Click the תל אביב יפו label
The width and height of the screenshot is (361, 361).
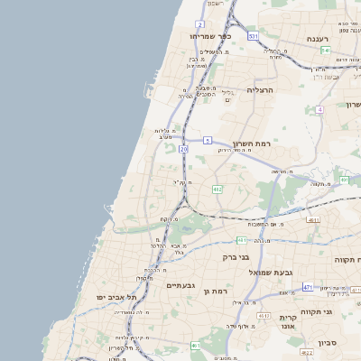click(x=118, y=297)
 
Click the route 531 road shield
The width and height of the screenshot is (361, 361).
click(x=254, y=36)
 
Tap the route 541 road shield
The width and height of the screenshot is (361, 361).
click(x=325, y=51)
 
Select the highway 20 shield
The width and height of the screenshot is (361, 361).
click(x=183, y=148)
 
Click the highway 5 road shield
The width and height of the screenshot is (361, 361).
click(x=207, y=140)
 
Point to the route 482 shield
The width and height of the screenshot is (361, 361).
click(x=217, y=190)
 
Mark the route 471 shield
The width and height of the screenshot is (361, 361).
click(x=307, y=287)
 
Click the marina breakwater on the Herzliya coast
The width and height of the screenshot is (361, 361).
click(x=146, y=88)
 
